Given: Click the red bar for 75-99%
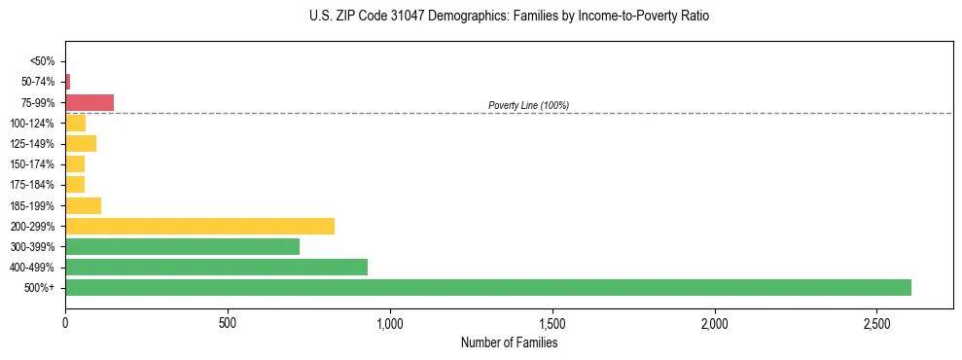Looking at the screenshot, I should (89, 102).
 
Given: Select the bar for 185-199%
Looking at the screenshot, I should (83, 205).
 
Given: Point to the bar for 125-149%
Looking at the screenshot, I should (81, 144).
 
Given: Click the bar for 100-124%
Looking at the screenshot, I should (75, 123).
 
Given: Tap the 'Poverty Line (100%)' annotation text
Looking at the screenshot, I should (528, 105).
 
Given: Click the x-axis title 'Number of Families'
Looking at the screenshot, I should (509, 342).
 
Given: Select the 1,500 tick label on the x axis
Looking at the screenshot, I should (552, 323).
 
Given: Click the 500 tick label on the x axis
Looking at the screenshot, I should (228, 323).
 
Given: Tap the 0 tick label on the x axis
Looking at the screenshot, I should (65, 323).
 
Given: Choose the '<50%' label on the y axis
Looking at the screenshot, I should (43, 61).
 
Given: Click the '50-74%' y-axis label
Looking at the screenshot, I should (38, 82).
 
